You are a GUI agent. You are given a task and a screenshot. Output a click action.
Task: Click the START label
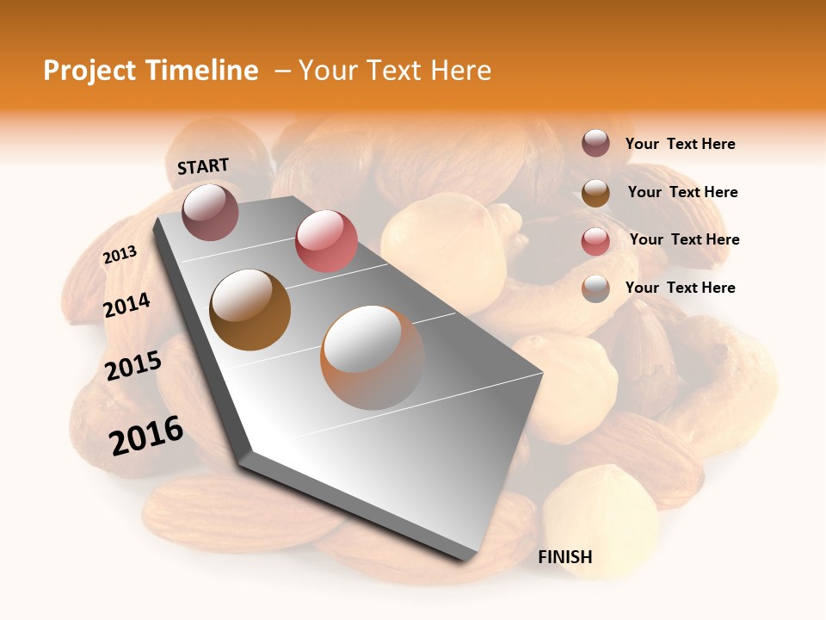tap(203, 166)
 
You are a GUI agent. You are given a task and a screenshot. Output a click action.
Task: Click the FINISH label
tap(565, 557)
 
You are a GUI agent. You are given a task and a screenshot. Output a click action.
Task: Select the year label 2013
tap(120, 255)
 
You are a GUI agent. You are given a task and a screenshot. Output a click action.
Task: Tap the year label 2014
tap(127, 306)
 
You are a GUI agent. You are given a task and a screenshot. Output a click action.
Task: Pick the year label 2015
tap(133, 366)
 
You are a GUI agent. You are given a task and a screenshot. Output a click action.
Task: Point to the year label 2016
tap(146, 436)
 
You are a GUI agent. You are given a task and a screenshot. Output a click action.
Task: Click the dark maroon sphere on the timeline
tap(211, 212)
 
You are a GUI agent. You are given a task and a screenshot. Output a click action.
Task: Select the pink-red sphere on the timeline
tap(326, 241)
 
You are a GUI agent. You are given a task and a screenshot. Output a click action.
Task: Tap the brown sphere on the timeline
tap(250, 310)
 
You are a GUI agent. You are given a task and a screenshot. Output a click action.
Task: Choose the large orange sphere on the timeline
tap(373, 357)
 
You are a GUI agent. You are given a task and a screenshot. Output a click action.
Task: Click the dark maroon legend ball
tap(595, 144)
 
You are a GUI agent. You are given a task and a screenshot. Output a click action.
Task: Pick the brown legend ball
tap(595, 193)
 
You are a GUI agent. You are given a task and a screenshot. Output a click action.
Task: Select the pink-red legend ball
tap(595, 240)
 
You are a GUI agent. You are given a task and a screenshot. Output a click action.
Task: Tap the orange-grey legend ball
tap(595, 288)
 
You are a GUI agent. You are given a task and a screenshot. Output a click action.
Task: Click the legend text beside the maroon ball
tap(680, 145)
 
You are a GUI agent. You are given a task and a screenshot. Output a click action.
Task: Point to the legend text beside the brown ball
tap(682, 192)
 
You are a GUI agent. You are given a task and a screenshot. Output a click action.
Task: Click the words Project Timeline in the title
tap(151, 71)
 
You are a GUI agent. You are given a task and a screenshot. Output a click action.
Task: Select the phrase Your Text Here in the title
tap(395, 71)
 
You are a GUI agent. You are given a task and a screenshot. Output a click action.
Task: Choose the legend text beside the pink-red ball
tap(684, 239)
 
